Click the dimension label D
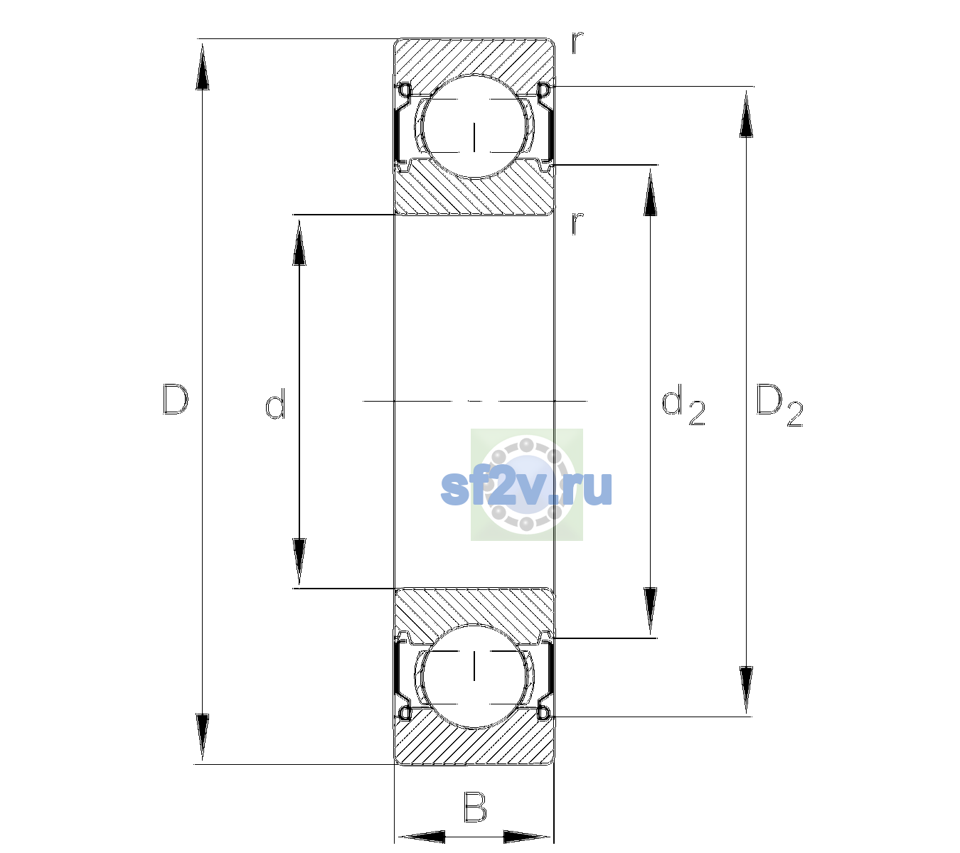tap(176, 399)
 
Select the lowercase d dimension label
tap(275, 404)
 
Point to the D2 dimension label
tap(779, 405)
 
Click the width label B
tap(475, 807)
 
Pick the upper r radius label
tap(577, 42)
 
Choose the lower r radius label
tap(577, 223)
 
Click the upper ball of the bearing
tap(474, 126)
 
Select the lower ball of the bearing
tap(474, 676)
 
